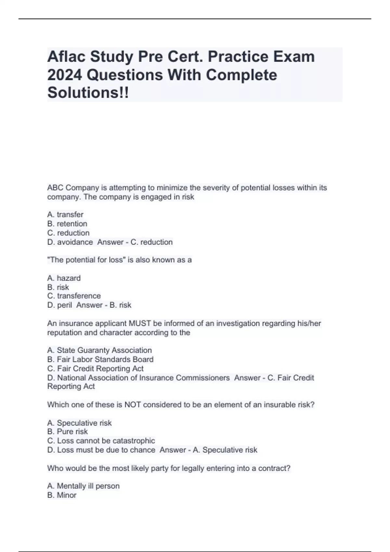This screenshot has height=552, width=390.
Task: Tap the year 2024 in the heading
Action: coord(64,75)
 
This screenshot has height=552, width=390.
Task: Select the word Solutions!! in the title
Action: coord(88,93)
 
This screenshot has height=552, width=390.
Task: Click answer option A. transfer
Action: coord(65,215)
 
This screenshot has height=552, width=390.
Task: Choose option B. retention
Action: coord(67,224)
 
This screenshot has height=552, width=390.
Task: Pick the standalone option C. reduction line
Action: coord(68,233)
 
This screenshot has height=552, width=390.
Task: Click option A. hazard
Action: coord(64,278)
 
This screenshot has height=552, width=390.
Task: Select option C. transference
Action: coord(74,296)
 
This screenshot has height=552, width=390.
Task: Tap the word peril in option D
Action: coord(64,305)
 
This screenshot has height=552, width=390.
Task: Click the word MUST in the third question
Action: coord(140,323)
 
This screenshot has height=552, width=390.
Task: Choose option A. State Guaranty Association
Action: coord(99,350)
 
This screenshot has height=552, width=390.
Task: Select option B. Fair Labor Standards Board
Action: coord(100,359)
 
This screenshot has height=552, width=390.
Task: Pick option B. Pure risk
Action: coord(67,432)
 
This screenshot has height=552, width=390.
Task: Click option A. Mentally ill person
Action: coord(83,486)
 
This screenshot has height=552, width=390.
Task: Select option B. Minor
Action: coord(62,495)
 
